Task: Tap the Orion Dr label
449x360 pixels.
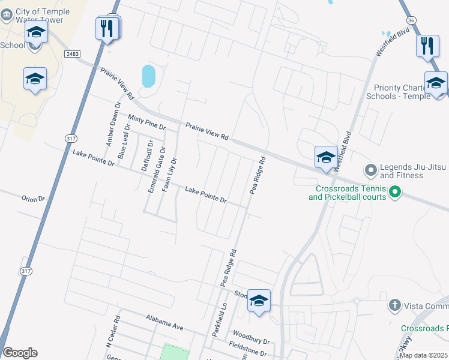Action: pyautogui.click(x=33, y=199)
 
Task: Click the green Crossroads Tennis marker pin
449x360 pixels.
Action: pyautogui.click(x=394, y=192)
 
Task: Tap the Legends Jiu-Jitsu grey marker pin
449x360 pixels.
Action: pyautogui.click(x=370, y=171)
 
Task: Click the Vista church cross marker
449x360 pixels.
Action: pyautogui.click(x=394, y=305)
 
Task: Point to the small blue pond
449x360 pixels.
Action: pyautogui.click(x=148, y=76)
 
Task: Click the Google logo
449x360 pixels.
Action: pyautogui.click(x=20, y=353)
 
